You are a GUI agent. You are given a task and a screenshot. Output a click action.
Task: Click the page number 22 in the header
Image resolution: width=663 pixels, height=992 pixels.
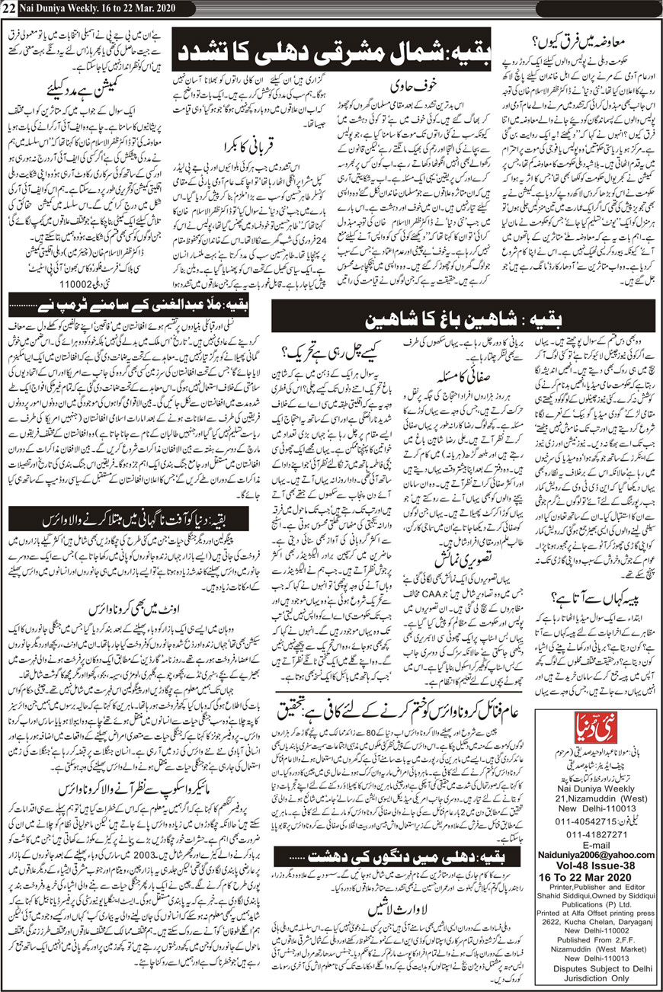(x=10, y=8)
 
